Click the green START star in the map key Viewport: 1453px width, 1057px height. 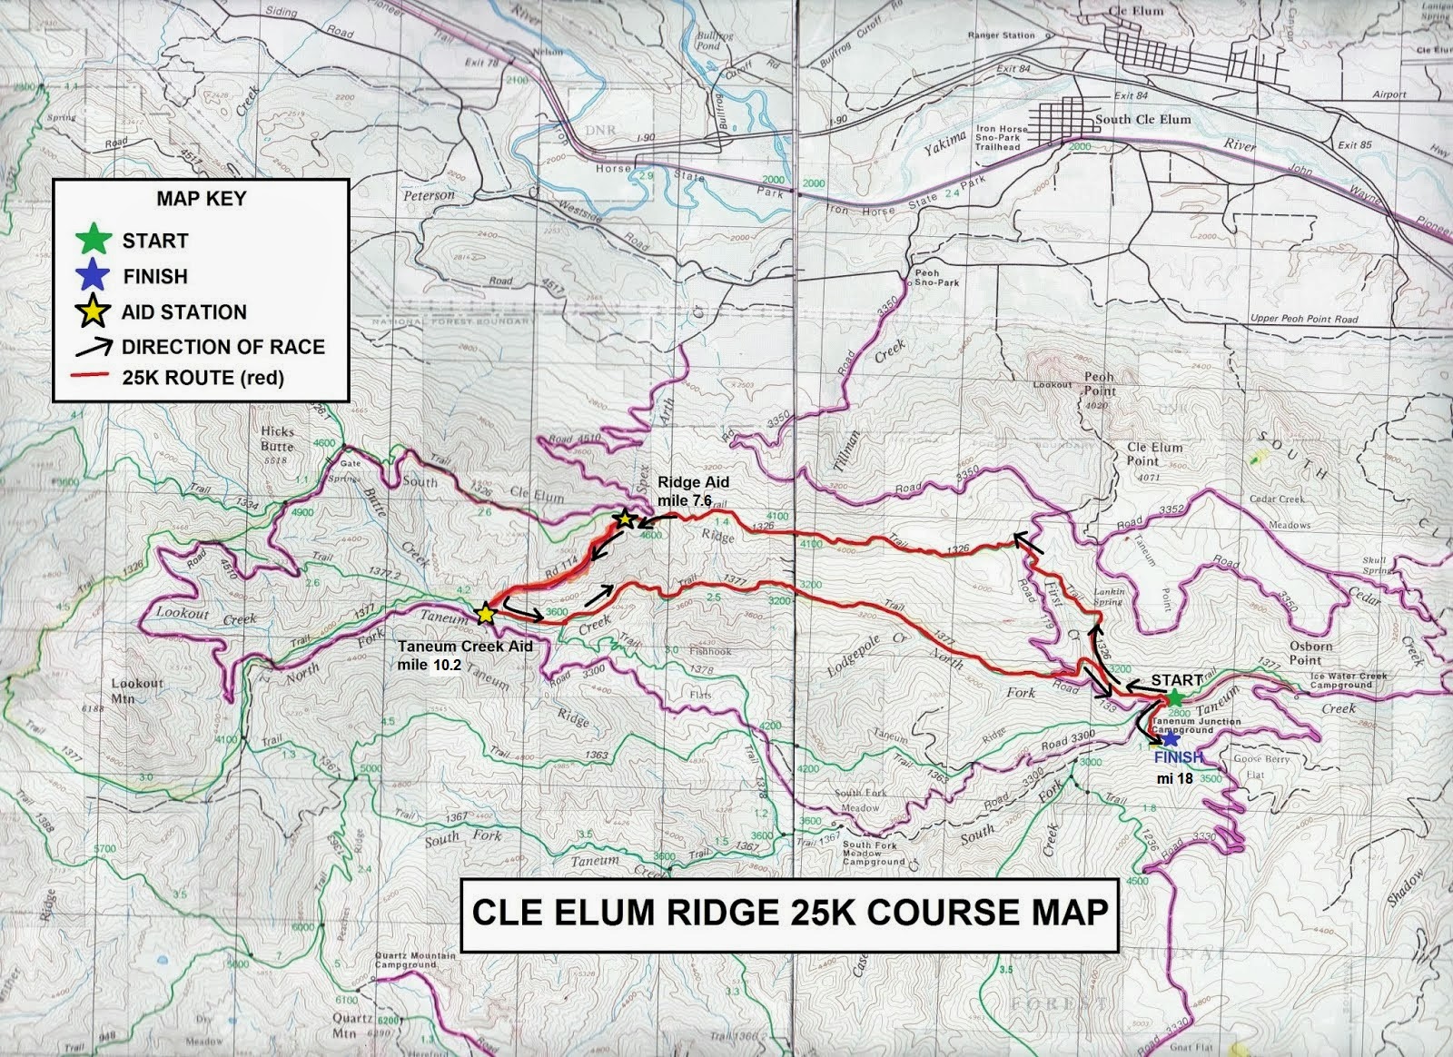click(94, 241)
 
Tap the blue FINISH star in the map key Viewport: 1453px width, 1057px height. click(94, 276)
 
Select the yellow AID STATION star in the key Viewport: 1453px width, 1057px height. click(94, 311)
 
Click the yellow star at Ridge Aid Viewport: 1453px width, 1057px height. click(624, 520)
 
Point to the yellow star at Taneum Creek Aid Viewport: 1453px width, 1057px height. click(485, 614)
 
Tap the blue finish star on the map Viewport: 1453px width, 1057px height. click(1171, 740)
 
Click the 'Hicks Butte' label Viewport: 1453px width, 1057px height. click(276, 439)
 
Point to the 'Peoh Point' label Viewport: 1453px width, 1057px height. click(1100, 383)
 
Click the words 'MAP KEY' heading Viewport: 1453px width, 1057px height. click(201, 198)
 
